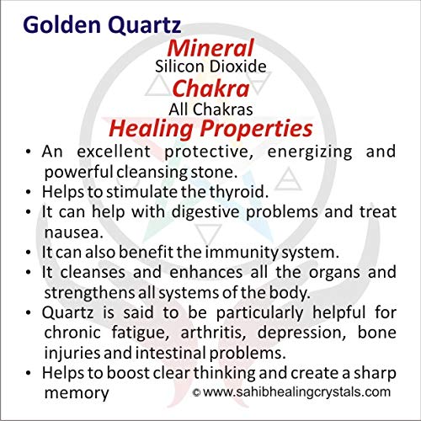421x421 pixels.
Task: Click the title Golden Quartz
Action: (102, 25)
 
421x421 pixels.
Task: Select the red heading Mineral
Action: (210, 48)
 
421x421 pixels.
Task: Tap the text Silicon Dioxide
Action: (210, 67)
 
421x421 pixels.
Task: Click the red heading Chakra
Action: (210, 88)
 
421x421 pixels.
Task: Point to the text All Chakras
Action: (210, 109)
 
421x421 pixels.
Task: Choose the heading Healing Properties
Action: (210, 129)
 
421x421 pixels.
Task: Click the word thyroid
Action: (238, 193)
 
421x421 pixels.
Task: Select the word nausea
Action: (74, 232)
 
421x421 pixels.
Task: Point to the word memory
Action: (77, 393)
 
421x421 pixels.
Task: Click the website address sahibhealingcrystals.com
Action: (297, 392)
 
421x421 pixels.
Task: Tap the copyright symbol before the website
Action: (196, 392)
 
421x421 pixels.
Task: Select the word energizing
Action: (310, 152)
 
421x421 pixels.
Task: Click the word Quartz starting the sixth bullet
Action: (67, 313)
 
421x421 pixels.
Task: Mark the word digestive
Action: (205, 212)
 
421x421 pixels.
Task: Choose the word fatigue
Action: (141, 333)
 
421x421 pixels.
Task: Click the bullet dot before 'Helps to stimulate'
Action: (28, 193)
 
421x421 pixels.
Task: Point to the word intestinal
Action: (172, 353)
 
